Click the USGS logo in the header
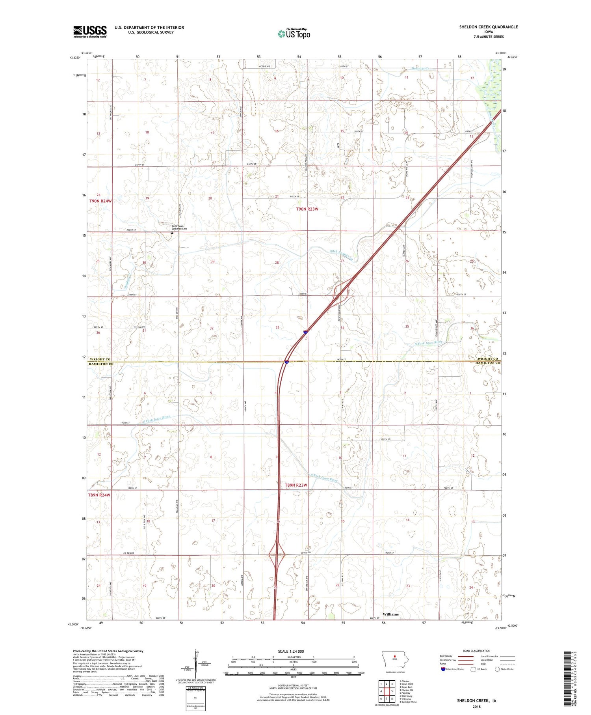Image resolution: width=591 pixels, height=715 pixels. pos(90,32)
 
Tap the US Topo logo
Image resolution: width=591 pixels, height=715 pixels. pos(294,34)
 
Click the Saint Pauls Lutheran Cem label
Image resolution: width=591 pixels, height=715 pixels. pos(179,228)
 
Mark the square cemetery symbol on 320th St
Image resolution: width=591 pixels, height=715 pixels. pos(172,233)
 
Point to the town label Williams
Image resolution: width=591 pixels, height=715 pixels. pos(390,614)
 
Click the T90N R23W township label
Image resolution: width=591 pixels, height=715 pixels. pos(307,209)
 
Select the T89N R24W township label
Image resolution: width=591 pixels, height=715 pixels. pos(99,495)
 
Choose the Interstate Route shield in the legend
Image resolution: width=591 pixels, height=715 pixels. pos(443,669)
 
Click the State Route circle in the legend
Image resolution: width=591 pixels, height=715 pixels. pos(498,669)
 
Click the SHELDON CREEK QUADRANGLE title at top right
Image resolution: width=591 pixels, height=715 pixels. pos(488,27)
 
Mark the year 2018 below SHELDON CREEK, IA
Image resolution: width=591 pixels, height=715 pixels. pos(476,706)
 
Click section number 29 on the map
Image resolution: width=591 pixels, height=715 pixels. pos(213,262)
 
